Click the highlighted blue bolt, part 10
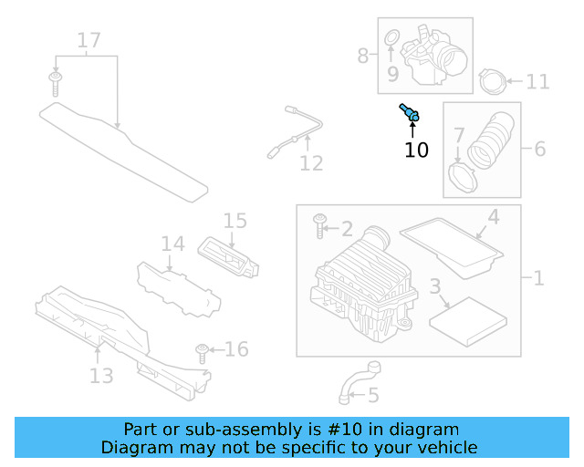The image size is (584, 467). point(410,113)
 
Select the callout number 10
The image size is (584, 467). point(416,150)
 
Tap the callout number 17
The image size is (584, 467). point(89,40)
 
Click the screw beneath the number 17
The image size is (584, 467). point(56,83)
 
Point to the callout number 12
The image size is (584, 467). point(311,163)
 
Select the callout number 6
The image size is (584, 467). point(539,148)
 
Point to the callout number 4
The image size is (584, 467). point(493,217)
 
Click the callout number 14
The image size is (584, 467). point(172,244)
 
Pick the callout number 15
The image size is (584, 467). point(235,220)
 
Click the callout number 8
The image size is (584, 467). point(363,56)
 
